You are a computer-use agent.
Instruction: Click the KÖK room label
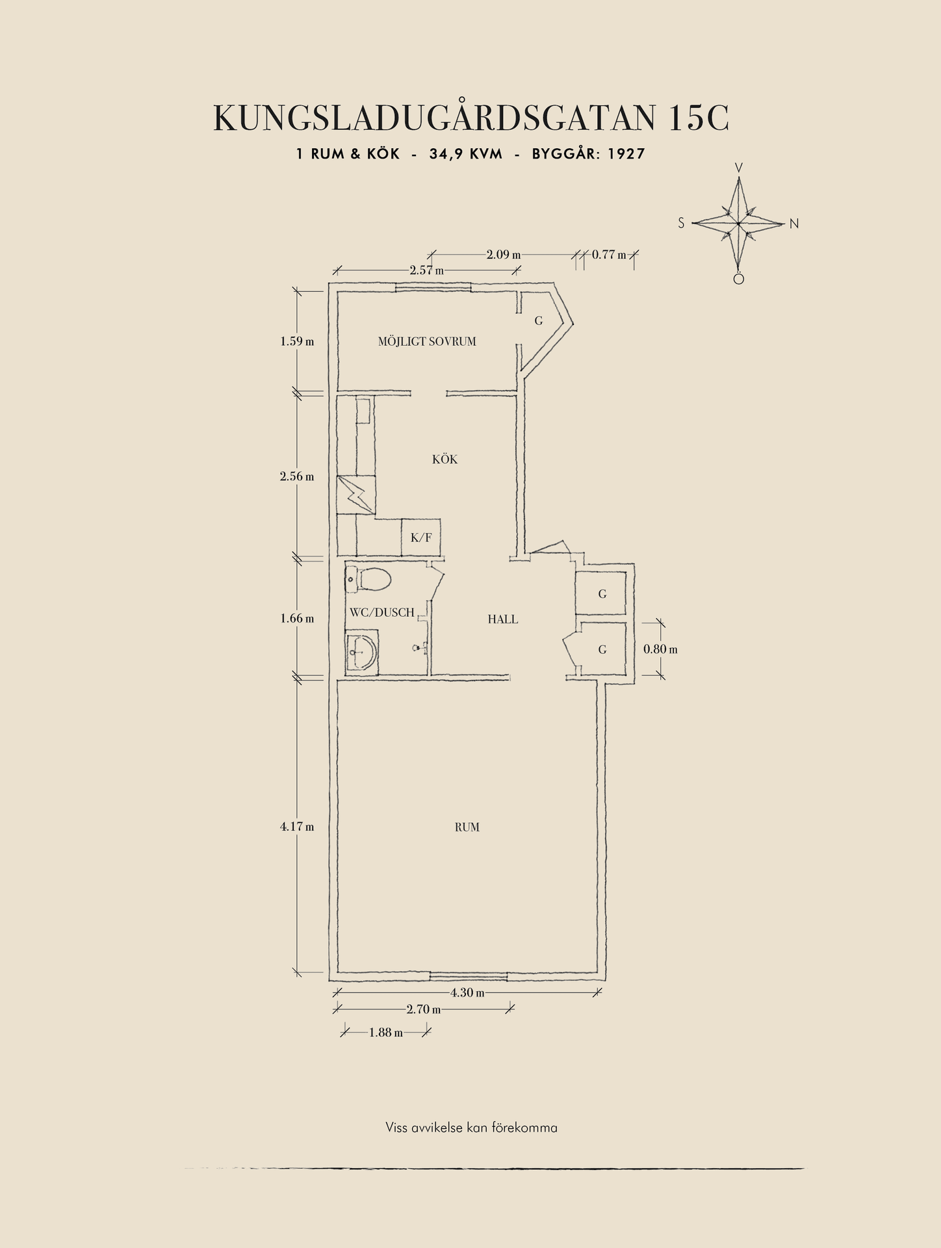pyautogui.click(x=445, y=460)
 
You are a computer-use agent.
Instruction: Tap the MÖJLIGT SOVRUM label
pyautogui.click(x=427, y=341)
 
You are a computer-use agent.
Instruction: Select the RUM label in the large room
pyautogui.click(x=467, y=827)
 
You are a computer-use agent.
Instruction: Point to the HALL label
pyautogui.click(x=503, y=619)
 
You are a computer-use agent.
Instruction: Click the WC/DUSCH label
pyautogui.click(x=382, y=612)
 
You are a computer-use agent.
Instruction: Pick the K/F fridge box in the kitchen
pyautogui.click(x=421, y=537)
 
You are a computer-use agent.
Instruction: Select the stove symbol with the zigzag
pyautogui.click(x=356, y=495)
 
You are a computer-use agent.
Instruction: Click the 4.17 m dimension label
pyautogui.click(x=297, y=827)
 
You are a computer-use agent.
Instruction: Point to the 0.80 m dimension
pyautogui.click(x=660, y=649)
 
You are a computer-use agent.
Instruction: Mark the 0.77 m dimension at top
pyautogui.click(x=609, y=255)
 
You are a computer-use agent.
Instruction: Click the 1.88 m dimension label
pyautogui.click(x=386, y=1032)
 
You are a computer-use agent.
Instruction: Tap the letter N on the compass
pyautogui.click(x=794, y=224)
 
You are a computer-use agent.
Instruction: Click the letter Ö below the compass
pyautogui.click(x=738, y=278)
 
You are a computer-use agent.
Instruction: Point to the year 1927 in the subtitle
pyautogui.click(x=626, y=154)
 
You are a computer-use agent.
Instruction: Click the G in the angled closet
pyautogui.click(x=539, y=320)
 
